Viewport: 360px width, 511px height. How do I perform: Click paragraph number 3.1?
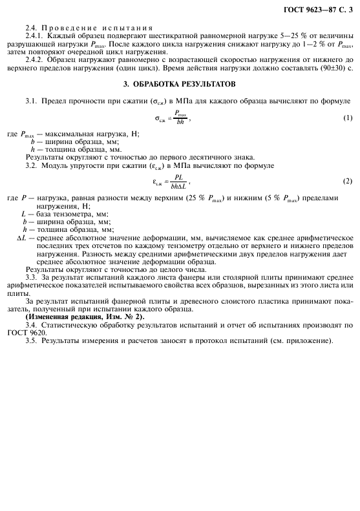(31, 101)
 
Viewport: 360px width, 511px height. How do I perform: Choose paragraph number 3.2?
(31, 165)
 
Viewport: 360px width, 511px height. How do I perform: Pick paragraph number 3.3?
(31, 277)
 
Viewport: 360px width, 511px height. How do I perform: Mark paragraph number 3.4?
(31, 325)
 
